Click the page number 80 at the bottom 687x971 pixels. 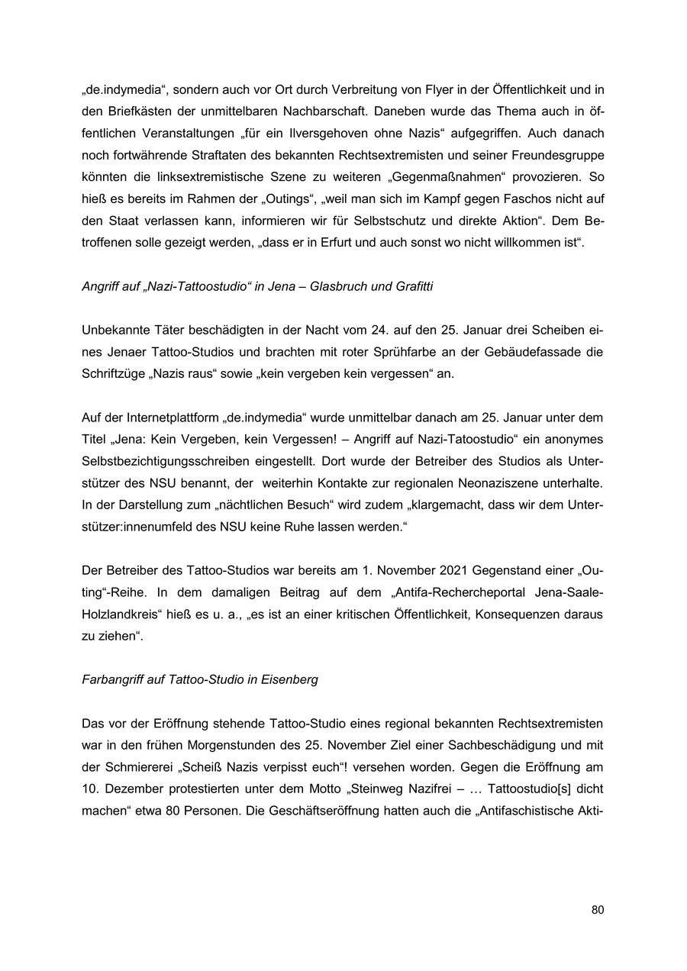click(597, 910)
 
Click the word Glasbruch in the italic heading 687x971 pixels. click(339, 287)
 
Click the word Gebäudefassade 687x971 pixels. click(495, 352)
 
